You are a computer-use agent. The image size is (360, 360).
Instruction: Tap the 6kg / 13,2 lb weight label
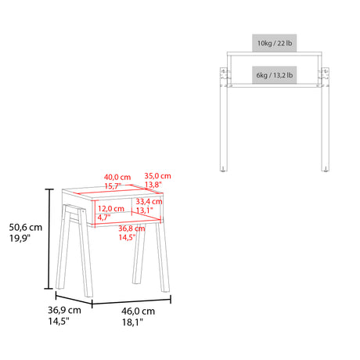274,75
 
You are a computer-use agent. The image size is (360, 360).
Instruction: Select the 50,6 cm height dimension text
26,227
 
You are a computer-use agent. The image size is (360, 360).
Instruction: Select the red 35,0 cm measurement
157,176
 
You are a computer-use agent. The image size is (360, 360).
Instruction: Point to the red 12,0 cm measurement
113,209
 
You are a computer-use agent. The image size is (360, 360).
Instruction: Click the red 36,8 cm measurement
131,228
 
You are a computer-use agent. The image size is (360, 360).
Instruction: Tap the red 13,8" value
155,185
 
